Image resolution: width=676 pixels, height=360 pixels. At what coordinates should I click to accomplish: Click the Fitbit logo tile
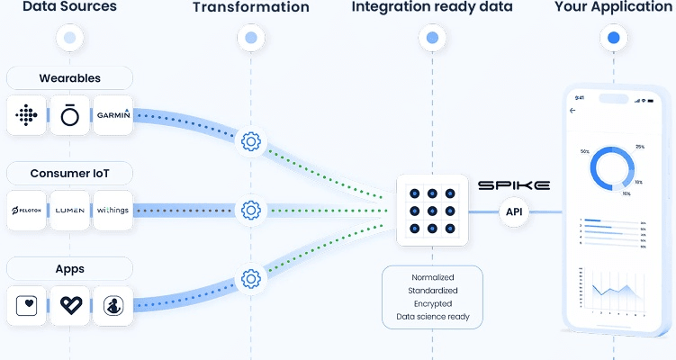(26, 114)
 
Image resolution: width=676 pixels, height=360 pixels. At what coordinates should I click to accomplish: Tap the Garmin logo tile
(113, 114)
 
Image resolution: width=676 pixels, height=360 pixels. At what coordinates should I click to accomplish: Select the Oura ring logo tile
(69, 114)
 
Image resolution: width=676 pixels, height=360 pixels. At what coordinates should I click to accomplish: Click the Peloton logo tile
(26, 210)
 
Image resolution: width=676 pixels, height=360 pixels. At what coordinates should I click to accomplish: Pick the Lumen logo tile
(69, 210)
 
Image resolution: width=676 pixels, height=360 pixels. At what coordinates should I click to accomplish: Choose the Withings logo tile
(113, 210)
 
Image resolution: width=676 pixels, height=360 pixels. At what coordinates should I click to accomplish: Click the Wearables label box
(69, 77)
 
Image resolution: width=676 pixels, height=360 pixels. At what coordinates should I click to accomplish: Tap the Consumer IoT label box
(69, 172)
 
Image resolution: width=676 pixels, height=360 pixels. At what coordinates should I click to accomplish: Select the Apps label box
(69, 267)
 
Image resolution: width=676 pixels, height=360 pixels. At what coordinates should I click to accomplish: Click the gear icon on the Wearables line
(251, 141)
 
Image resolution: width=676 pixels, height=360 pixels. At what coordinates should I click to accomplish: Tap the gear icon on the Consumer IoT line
(251, 211)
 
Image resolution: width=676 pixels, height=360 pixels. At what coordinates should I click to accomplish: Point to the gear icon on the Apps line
(251, 278)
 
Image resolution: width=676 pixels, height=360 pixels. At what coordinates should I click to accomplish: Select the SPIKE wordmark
(513, 185)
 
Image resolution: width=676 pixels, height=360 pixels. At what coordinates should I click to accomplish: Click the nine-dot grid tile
(432, 211)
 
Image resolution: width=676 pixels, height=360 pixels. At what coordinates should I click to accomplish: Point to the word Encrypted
(432, 304)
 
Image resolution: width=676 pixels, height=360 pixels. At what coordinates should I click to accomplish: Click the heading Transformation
(251, 8)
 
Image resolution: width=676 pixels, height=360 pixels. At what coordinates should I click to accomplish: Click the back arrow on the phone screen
(573, 111)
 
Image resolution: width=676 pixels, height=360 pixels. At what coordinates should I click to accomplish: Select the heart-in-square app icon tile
(26, 305)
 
